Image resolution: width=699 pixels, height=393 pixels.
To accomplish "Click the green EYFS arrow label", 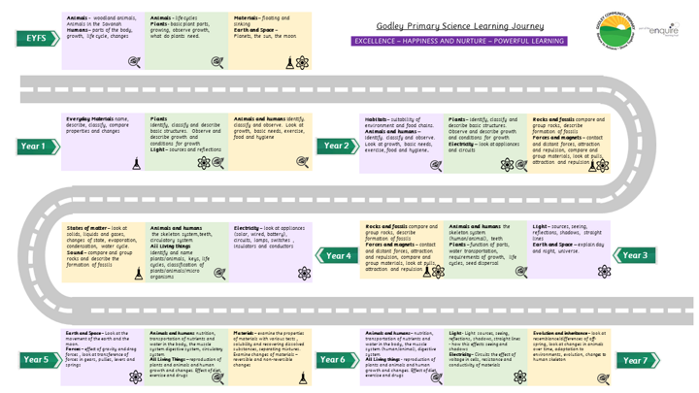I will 36,39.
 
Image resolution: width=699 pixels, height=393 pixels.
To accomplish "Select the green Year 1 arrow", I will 36,146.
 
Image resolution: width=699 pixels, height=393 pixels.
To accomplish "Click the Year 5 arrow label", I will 36,360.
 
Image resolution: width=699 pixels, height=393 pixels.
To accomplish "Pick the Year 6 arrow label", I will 333,360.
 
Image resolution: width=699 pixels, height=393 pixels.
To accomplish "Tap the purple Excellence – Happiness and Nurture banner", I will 460,42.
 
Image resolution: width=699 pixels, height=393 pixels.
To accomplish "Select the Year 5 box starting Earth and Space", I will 103,354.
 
